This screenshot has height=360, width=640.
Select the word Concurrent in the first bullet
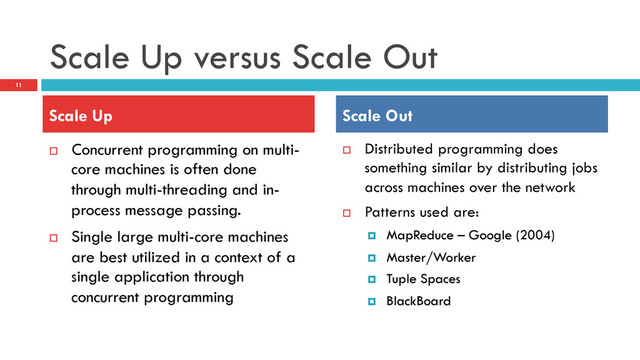[113, 149]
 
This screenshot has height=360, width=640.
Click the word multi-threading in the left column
[175, 190]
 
